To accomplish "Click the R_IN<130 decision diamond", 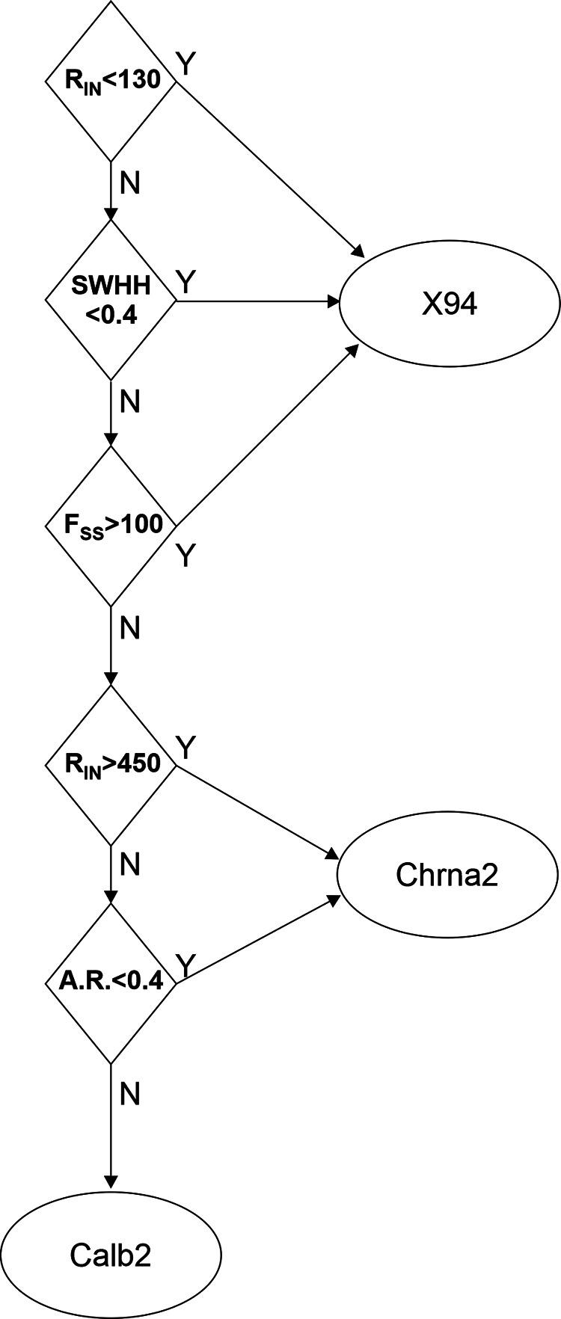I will (111, 80).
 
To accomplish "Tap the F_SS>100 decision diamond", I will (111, 526).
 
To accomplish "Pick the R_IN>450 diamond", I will (111, 765).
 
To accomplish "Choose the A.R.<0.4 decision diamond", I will (111, 983).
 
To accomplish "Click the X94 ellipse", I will (449, 304).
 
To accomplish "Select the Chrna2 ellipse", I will (447, 874).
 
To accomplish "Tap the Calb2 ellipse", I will (111, 1255).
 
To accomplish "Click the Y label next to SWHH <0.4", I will (186, 283).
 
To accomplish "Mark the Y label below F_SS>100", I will (186, 556).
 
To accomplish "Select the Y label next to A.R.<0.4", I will (186, 965).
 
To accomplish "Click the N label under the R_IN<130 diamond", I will (130, 183).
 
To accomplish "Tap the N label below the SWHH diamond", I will (130, 402).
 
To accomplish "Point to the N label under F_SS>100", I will (130, 629).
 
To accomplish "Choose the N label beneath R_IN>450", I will (130, 865).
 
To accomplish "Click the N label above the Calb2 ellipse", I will (130, 1095).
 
